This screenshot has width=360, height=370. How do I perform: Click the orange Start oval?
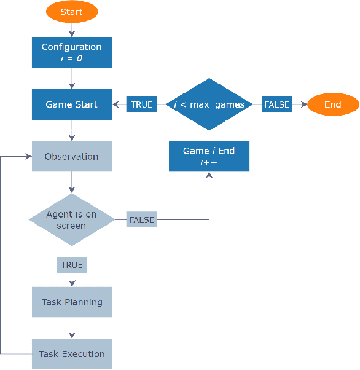72,12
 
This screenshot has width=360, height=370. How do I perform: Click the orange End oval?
332,104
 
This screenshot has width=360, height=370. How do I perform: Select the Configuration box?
72,52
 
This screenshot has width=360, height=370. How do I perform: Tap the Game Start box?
72,104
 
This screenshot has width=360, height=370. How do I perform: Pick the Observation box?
72,157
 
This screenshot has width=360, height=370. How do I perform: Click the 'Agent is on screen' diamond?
72,220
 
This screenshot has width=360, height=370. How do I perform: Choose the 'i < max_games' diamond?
209,104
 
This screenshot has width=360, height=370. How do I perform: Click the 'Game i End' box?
209,156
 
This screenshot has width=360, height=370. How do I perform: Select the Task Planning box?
72,302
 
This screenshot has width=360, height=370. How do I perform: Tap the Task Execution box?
72,354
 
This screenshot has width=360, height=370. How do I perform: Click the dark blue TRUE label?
141,104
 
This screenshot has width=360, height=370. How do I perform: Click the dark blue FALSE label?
276,104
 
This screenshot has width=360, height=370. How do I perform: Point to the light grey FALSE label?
141,219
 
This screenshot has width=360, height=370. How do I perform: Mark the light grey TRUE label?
72,265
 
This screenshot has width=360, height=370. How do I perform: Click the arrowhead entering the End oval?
303,104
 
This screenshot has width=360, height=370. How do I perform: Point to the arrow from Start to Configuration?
72,30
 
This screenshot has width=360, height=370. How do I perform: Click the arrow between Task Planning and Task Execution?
72,328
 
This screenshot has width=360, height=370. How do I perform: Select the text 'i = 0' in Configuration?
72,58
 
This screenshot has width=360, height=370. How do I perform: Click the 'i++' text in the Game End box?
209,162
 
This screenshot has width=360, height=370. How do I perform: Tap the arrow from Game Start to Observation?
72,130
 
